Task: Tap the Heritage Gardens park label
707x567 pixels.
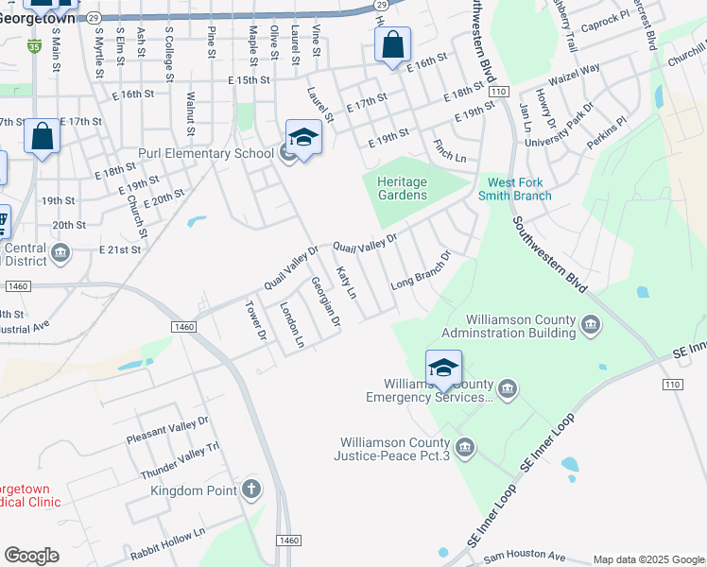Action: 402,188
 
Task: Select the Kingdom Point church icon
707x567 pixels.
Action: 250,489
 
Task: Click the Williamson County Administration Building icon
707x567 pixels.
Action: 592,326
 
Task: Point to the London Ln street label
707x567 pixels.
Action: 291,324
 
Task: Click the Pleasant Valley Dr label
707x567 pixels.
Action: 166,434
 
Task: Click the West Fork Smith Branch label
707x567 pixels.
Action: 520,189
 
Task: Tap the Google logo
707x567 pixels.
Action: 31,556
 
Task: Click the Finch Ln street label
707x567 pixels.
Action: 449,150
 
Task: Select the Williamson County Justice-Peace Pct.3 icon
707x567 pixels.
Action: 465,446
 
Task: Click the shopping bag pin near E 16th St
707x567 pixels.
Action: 392,43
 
